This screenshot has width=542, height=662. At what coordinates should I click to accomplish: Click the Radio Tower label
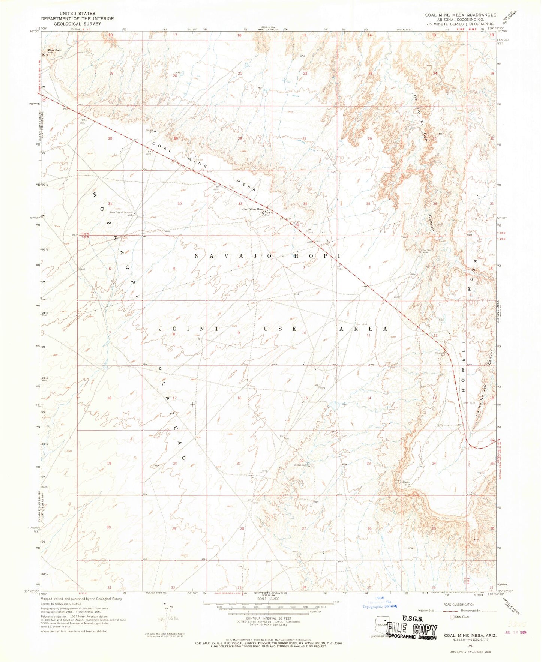407,484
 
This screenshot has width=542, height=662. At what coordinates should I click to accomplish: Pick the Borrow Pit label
149,131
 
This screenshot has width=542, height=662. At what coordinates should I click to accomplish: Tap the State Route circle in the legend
453,617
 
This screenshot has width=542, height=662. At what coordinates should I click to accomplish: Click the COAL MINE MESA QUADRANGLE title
460,15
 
